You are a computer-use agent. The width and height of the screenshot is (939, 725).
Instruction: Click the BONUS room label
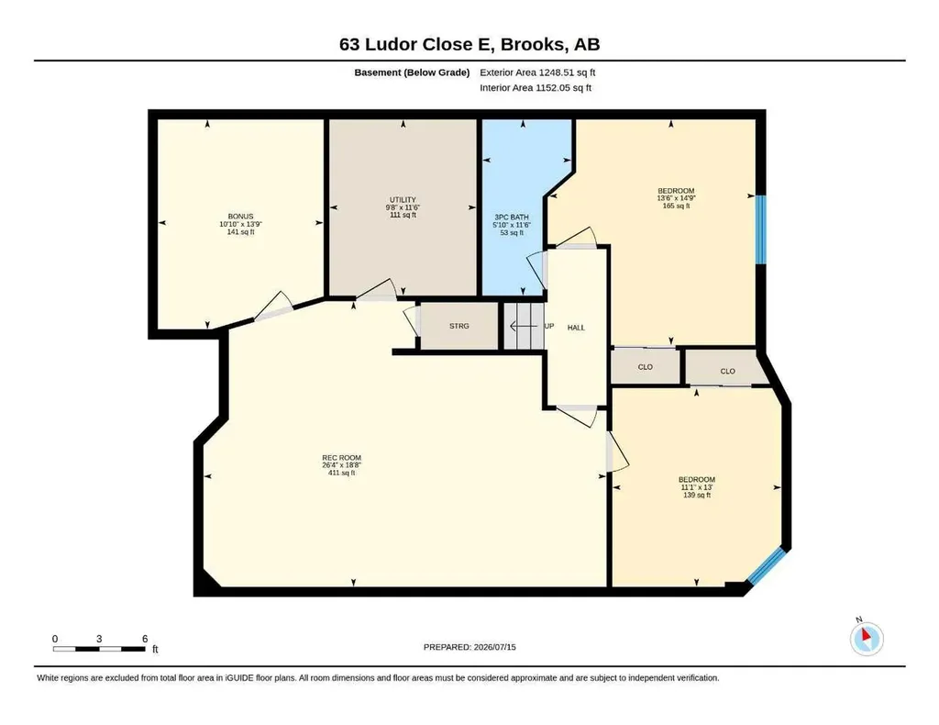[x=240, y=217]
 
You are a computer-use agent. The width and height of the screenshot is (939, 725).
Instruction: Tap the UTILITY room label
[x=403, y=200]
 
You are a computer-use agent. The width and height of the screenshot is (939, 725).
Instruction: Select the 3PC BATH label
[x=512, y=217]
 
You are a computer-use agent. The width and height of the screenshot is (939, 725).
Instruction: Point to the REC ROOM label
[x=341, y=458]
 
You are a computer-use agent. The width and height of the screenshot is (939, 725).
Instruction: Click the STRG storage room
[x=459, y=326]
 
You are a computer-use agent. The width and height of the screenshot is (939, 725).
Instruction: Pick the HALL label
[x=576, y=328]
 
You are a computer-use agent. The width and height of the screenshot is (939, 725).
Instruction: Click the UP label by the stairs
[x=549, y=327]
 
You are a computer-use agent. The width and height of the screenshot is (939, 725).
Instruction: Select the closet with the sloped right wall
[x=727, y=368]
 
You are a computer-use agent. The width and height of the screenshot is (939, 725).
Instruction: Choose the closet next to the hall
[x=646, y=366]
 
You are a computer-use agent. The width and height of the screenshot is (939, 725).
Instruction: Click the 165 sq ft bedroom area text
[x=676, y=206]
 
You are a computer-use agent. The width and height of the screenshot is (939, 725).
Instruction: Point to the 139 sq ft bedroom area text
[x=697, y=496]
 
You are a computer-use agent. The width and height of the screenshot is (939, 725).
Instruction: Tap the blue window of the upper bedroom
[x=760, y=229]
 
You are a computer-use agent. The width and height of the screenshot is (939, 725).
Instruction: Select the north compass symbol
[x=867, y=638]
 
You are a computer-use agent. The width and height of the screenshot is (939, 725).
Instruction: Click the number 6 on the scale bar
[x=145, y=639]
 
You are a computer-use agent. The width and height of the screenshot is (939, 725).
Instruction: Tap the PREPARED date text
[x=469, y=647]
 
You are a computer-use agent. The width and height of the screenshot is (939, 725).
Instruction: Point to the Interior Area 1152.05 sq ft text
[x=536, y=88]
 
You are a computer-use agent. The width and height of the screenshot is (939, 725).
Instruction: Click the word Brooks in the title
[x=533, y=45]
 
